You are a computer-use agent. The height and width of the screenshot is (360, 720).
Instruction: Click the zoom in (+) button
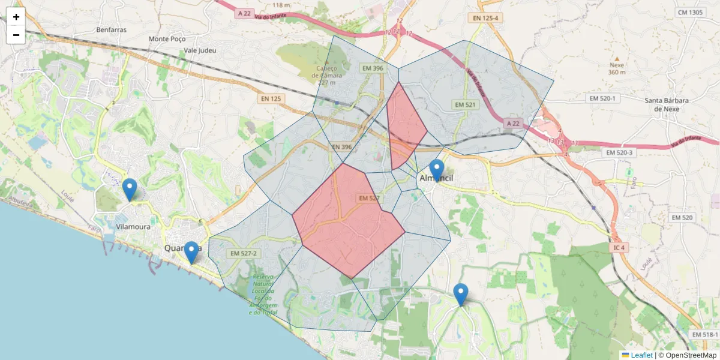[x=16, y=17]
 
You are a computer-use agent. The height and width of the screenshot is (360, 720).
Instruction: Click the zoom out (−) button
[x=16, y=35]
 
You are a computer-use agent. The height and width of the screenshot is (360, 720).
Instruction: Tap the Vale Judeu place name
[x=200, y=50]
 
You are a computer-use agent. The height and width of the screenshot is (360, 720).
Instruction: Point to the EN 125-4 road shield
[x=485, y=18]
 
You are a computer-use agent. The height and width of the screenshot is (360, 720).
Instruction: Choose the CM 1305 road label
[x=689, y=12]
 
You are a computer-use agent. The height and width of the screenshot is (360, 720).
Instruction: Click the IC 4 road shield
[x=619, y=247]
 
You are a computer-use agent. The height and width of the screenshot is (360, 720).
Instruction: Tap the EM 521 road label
[x=465, y=105]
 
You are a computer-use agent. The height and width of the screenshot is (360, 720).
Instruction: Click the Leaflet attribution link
[x=641, y=355]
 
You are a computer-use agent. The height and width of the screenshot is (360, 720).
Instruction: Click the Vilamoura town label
[x=133, y=227]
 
